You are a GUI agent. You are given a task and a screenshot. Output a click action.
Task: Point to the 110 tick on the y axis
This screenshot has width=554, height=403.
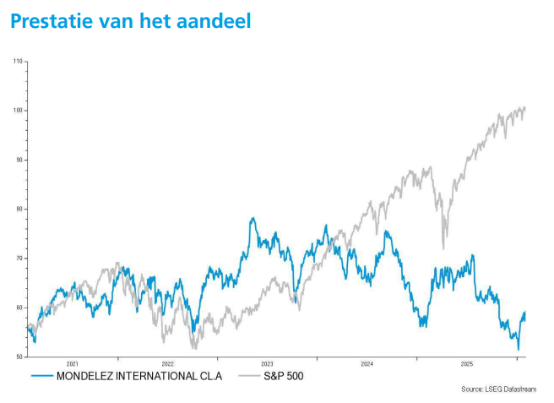tap(19, 62)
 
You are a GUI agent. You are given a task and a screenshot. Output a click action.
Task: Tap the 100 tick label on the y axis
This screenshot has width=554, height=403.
tap(19, 111)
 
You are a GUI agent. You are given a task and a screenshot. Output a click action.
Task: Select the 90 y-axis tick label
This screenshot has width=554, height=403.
tap(19, 160)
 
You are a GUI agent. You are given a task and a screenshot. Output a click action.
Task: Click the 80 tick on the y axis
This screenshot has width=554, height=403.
tap(19, 209)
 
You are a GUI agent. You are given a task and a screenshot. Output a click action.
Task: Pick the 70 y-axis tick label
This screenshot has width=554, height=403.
tap(19, 259)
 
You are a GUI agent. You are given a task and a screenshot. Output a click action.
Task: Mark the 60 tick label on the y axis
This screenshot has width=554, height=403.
tap(19, 308)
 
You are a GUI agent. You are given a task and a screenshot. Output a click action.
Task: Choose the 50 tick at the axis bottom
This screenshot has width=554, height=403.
tap(19, 357)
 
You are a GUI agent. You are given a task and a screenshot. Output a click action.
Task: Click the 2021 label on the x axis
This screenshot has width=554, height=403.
tap(72, 363)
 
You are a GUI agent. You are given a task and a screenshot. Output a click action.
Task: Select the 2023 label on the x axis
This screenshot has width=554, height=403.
tap(267, 363)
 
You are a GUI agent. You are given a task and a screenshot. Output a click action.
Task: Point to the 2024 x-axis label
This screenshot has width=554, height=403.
tap(367, 363)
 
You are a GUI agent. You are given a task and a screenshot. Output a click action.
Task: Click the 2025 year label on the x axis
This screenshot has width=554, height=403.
tap(466, 363)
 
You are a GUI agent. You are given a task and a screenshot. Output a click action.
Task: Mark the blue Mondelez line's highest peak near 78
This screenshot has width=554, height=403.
tap(253, 218)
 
